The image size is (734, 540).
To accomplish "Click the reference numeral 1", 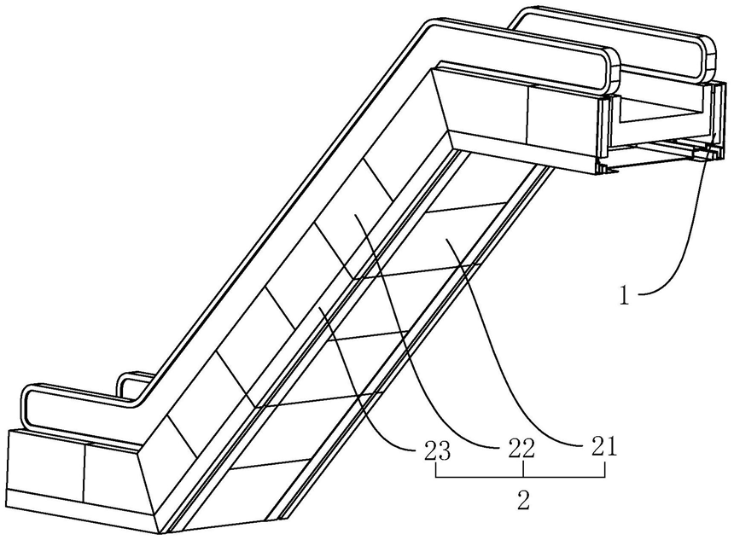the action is click(626, 296).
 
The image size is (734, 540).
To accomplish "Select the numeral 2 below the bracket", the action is click(523, 499).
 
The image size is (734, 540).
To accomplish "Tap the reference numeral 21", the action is click(603, 446).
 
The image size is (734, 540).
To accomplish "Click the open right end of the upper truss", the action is click(657, 128).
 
